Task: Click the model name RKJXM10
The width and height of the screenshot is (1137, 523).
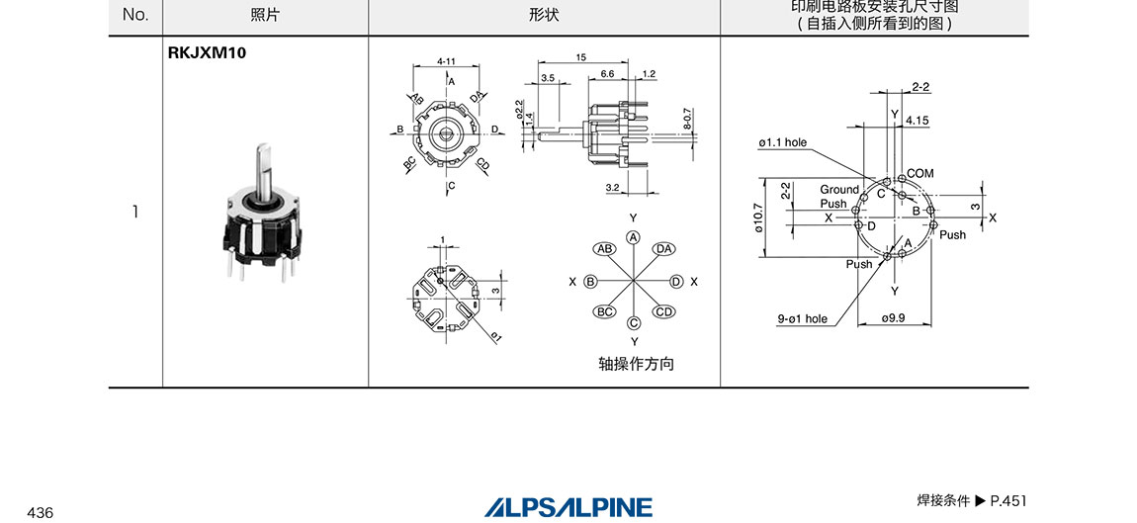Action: pos(207,53)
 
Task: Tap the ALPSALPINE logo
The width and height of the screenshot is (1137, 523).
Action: pos(568,507)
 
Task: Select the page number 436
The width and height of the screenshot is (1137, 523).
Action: pos(41,513)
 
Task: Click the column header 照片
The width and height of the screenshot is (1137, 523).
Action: pos(265,15)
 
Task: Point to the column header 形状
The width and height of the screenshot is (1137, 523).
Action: pos(544,15)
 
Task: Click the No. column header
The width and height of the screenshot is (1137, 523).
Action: pos(135,15)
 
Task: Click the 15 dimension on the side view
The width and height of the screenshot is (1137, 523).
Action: pos(580,57)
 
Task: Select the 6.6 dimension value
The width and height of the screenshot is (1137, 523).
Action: pos(608,74)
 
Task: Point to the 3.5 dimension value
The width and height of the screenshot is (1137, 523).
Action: pos(548,78)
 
